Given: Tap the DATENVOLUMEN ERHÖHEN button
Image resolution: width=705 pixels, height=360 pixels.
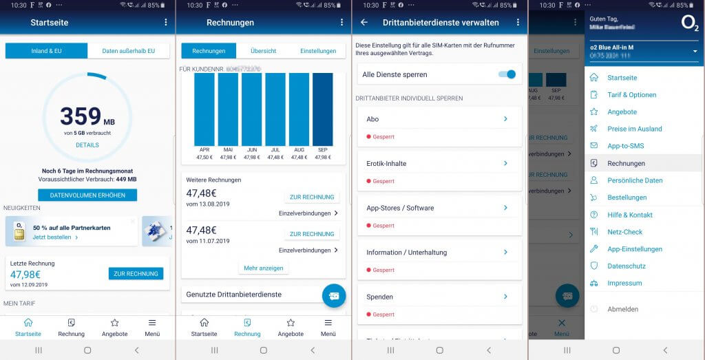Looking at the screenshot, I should click(87, 195).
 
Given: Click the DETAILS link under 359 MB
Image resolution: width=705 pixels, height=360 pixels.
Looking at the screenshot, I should click(87, 145).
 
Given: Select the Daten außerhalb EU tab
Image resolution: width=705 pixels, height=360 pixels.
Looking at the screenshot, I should click(129, 51).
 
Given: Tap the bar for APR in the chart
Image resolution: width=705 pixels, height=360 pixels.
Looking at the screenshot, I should click(204, 110).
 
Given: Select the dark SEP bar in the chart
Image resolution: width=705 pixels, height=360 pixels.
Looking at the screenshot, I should click(322, 110).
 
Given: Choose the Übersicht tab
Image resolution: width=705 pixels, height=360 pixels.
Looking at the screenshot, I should click(263, 51).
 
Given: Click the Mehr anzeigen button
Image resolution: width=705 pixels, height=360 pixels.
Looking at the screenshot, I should click(264, 268).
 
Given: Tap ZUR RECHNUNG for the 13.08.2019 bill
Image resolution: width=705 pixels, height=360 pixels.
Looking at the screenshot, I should click(312, 197).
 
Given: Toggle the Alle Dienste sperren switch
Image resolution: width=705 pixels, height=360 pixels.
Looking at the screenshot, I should click(507, 74).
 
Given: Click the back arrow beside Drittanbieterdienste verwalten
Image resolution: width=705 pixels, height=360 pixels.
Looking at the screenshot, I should click(364, 22).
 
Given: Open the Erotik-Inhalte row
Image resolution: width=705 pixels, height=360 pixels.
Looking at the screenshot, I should click(439, 164).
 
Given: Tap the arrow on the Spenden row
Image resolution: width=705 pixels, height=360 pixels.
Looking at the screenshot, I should click(505, 297).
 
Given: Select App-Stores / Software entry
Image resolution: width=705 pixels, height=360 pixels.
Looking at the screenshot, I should click(439, 208).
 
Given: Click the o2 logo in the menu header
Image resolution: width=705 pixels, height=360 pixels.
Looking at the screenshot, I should click(690, 23).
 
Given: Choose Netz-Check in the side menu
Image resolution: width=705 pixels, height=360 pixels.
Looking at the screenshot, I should click(624, 232).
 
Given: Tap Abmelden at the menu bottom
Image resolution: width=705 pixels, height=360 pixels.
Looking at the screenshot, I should click(622, 309).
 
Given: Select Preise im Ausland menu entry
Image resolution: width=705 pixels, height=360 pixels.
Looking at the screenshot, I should click(634, 129).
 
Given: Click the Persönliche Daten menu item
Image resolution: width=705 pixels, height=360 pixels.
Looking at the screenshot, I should click(634, 180).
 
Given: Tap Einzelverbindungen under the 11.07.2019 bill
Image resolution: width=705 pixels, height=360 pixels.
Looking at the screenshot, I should click(308, 250).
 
